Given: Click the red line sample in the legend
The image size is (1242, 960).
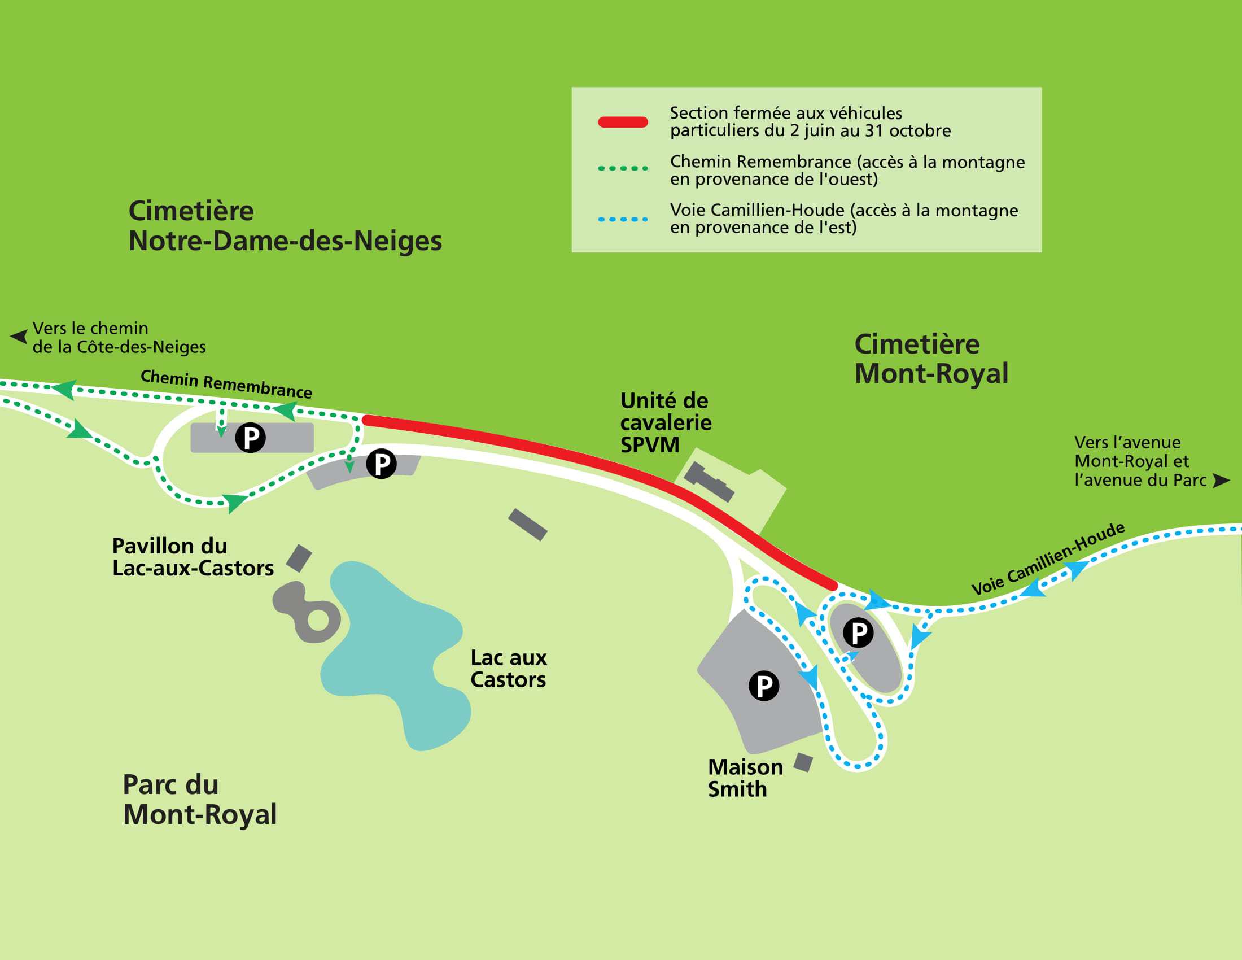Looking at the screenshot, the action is pos(623,122).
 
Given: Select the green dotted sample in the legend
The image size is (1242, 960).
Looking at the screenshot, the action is pos(623,168).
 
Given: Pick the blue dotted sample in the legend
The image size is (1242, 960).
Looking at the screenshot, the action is pos(623,219).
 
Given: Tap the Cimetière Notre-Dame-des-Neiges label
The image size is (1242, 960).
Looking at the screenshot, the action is pos(285,226).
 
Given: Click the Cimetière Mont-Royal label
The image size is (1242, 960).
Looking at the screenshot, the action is pos(931,359).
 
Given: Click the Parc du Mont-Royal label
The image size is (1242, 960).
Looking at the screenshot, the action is pos(200,799).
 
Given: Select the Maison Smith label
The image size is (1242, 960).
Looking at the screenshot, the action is pos(745,778).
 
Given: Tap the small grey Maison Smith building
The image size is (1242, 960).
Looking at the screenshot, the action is pos(803,762).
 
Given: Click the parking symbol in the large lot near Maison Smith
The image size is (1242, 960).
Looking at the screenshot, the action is pos(763,686).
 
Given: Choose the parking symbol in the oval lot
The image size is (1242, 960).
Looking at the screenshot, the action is pos(858,632).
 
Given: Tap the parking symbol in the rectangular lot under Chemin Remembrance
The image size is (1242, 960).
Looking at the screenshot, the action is pos(250,438).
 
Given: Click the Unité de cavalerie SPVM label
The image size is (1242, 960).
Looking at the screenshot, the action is pos(666,422).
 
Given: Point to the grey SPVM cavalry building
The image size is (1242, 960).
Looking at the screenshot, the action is pos(709,482).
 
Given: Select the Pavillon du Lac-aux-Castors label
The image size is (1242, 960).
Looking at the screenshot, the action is pos(192,557).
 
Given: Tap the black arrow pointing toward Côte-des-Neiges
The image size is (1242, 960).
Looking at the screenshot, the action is pos(19,337).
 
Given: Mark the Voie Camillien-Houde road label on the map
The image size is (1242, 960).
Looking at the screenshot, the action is pos(1047,558).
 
